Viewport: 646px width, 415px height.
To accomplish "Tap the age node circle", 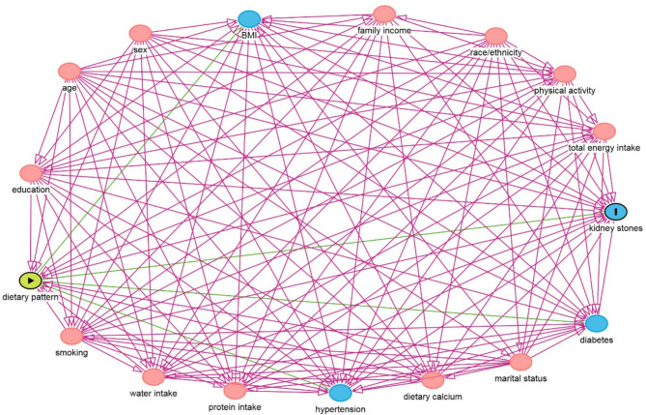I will click(x=69, y=71).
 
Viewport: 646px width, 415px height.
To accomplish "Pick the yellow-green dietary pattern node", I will click(x=31, y=281).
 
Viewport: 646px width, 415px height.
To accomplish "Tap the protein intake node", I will click(x=235, y=390).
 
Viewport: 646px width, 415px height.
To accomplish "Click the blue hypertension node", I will click(x=339, y=393).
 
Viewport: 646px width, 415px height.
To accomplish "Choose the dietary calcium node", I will click(x=432, y=380).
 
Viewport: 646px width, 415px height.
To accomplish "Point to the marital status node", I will click(x=520, y=362).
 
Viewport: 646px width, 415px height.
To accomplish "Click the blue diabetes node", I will click(x=597, y=323).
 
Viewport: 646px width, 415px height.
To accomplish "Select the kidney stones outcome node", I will click(x=616, y=211).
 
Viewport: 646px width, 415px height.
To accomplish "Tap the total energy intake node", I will click(x=604, y=131).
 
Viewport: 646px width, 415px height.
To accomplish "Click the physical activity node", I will click(x=565, y=74).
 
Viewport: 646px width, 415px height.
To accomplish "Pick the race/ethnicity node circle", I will click(x=496, y=36).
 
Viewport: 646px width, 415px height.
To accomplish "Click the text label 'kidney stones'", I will click(x=614, y=229).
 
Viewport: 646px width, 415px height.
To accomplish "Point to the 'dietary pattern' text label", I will click(x=31, y=298).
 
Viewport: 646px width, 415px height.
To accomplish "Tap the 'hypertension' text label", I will click(x=339, y=409).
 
